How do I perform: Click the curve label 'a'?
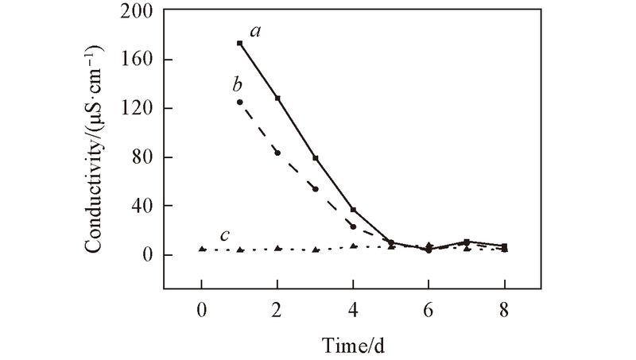click(256, 32)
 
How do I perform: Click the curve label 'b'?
click(238, 84)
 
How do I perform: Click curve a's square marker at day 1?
click(239, 43)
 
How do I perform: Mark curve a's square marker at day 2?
click(277, 98)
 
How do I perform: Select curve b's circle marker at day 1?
click(239, 102)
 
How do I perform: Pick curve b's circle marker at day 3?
click(316, 189)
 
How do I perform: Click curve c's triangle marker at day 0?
click(202, 249)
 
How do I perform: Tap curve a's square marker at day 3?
click(316, 158)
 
